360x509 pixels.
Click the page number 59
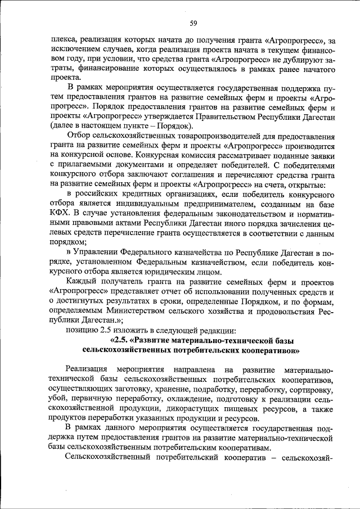pos(192,23)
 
